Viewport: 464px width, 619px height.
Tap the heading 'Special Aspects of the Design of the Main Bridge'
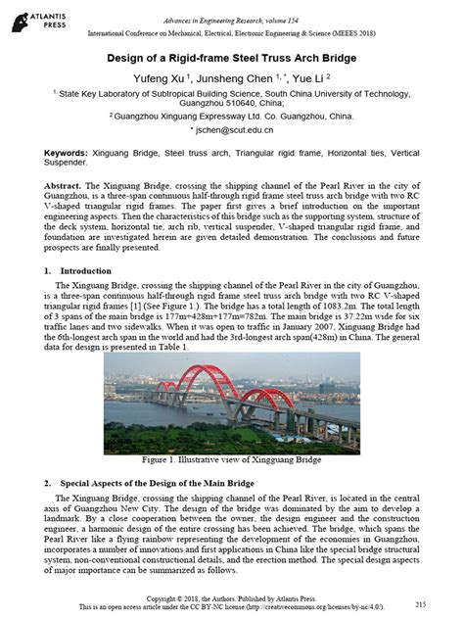pos(173,484)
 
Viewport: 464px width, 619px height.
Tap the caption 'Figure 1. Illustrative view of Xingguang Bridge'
pos(232,457)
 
